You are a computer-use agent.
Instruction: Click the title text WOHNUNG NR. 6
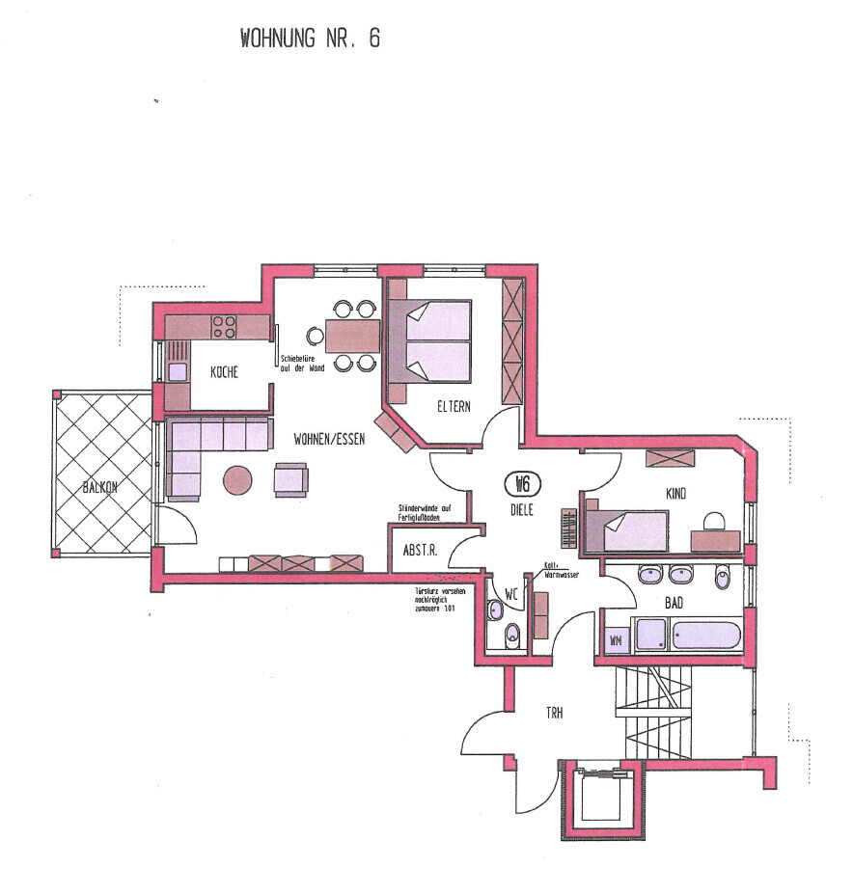[x=310, y=39]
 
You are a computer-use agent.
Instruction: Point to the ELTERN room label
[x=454, y=406]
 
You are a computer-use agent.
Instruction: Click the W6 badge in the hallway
[x=521, y=483]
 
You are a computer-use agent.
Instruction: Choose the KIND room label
[x=675, y=493]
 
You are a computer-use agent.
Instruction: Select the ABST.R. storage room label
[x=421, y=552]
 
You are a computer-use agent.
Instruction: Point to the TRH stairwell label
[x=554, y=713]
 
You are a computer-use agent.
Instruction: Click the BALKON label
[x=99, y=487]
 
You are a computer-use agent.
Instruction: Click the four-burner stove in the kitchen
[x=224, y=327]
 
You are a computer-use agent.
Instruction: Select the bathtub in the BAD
[x=707, y=636]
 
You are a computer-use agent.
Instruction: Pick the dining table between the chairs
[x=352, y=335]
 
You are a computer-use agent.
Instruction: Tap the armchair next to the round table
[x=291, y=479]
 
